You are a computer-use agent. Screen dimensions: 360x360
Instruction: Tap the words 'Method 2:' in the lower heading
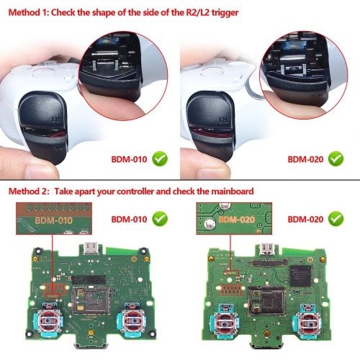[x=30, y=192]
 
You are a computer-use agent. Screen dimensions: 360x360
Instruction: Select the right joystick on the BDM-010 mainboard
[x=133, y=321]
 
